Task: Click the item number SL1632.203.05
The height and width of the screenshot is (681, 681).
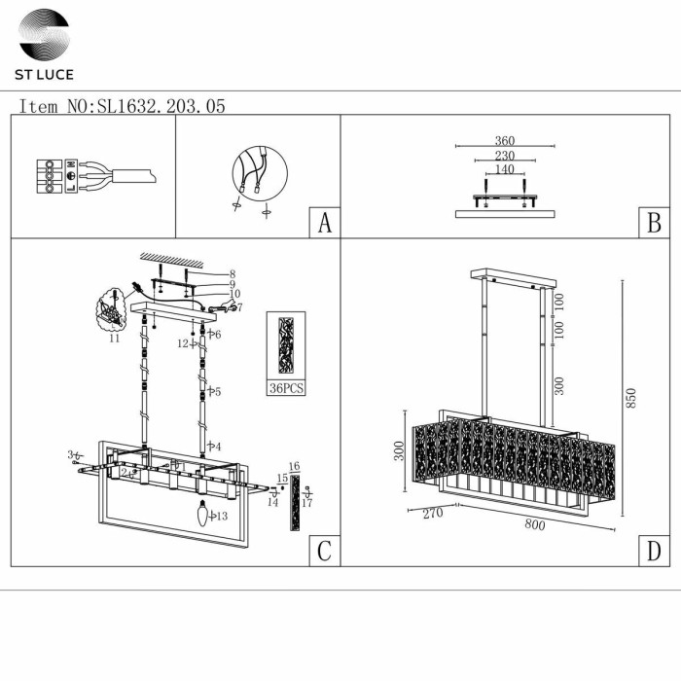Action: (x=122, y=106)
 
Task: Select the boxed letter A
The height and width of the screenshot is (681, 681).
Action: (x=325, y=223)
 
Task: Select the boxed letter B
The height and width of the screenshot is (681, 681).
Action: (x=654, y=223)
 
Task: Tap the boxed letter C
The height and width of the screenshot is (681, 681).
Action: (x=325, y=551)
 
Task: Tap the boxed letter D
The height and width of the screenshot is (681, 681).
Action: (x=654, y=551)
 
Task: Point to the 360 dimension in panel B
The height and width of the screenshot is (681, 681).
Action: (x=504, y=141)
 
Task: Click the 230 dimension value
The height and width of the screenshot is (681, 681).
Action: (x=504, y=156)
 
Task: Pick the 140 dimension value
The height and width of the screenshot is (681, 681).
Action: (x=504, y=169)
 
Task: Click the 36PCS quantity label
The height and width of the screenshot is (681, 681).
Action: (x=286, y=387)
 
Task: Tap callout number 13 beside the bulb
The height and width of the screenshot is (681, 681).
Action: (x=222, y=516)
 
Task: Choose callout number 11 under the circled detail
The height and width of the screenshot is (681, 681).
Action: (x=114, y=340)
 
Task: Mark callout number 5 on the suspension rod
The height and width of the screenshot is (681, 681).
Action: (x=217, y=392)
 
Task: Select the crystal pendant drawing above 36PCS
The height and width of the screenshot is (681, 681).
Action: (x=286, y=345)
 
